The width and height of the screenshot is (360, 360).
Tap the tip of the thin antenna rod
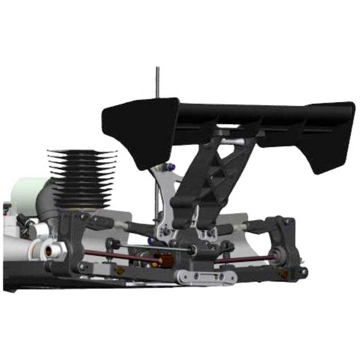point(157,68)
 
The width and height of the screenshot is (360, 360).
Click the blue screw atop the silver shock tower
point(171,167)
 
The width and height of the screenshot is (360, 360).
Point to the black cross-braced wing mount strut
point(212,180)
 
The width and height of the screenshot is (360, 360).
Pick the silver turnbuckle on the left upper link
point(121,225)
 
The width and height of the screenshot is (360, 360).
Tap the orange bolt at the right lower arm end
point(284,274)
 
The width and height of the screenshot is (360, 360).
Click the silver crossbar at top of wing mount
point(232,141)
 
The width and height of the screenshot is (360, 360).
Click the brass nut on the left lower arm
point(120,270)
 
